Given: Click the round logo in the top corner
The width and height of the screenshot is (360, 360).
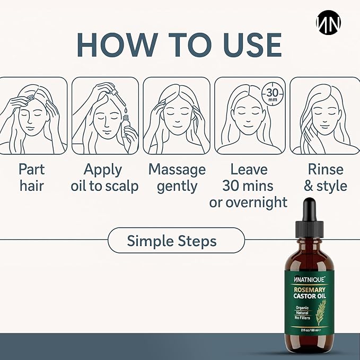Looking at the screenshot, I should pos(328,22).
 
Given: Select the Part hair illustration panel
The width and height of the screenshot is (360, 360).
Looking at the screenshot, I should pos(33,115).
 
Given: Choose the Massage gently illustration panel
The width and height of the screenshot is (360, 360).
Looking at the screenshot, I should pos(176,115).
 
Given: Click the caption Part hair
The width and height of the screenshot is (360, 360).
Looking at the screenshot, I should pos(32,178).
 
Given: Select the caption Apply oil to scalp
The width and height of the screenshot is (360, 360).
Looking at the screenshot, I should pos(104,178).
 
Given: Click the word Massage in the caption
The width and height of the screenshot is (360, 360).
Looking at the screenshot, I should pos(177,170).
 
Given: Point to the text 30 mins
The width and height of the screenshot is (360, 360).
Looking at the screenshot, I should pos(248,186).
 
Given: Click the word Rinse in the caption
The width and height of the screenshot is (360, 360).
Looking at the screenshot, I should pos(326,170).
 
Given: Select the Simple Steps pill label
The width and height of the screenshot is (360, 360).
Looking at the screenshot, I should pos(172,241).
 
